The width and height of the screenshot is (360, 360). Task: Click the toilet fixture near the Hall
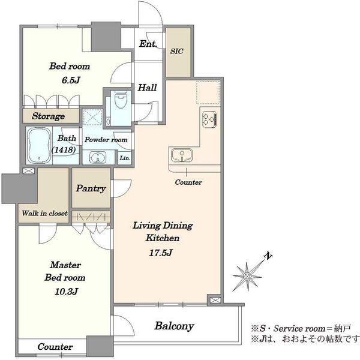121,100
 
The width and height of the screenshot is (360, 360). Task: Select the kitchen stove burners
209,119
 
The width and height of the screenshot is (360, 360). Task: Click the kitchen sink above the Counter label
182,155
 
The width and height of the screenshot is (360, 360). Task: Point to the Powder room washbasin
98,157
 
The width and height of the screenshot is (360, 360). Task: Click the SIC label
177,51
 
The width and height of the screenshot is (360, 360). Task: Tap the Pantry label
91,188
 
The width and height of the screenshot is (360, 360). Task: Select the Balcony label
174,326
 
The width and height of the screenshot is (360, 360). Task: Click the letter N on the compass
268,256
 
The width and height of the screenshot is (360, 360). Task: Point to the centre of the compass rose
247,276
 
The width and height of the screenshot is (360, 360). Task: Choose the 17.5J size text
160,253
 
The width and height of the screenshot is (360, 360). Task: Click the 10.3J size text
67,292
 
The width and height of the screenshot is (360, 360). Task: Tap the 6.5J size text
71,80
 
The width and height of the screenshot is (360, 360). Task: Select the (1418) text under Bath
64,150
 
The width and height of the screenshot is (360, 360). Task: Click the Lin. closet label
125,158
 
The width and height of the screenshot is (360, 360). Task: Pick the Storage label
48,116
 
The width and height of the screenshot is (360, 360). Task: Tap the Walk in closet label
45,213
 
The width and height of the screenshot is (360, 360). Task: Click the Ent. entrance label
148,44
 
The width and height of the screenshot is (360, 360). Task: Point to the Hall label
147,88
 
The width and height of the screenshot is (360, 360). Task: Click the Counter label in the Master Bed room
55,347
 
